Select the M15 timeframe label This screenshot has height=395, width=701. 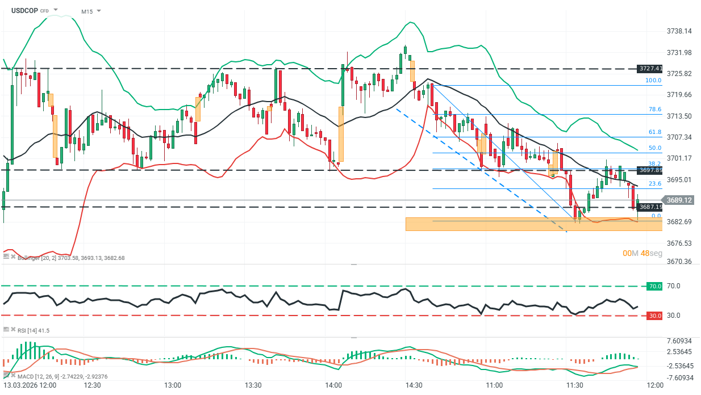87,11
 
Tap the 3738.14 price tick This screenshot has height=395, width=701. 679,31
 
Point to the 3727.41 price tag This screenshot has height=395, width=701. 650,69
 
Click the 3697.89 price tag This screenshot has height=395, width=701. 650,170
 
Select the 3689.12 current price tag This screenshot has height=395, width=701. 679,200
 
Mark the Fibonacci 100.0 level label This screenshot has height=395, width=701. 653,81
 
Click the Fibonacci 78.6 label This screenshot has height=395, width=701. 655,110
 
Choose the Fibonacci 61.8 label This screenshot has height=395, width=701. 655,132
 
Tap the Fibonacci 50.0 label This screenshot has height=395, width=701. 655,148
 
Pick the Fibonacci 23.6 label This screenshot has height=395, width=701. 655,183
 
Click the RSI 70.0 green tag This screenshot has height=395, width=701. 654,286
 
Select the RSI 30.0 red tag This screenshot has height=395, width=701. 654,316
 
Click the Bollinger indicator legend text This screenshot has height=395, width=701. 70,258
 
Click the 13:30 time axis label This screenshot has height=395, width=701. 252,385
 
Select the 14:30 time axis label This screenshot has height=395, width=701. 414,385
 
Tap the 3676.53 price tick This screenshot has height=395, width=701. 679,243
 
